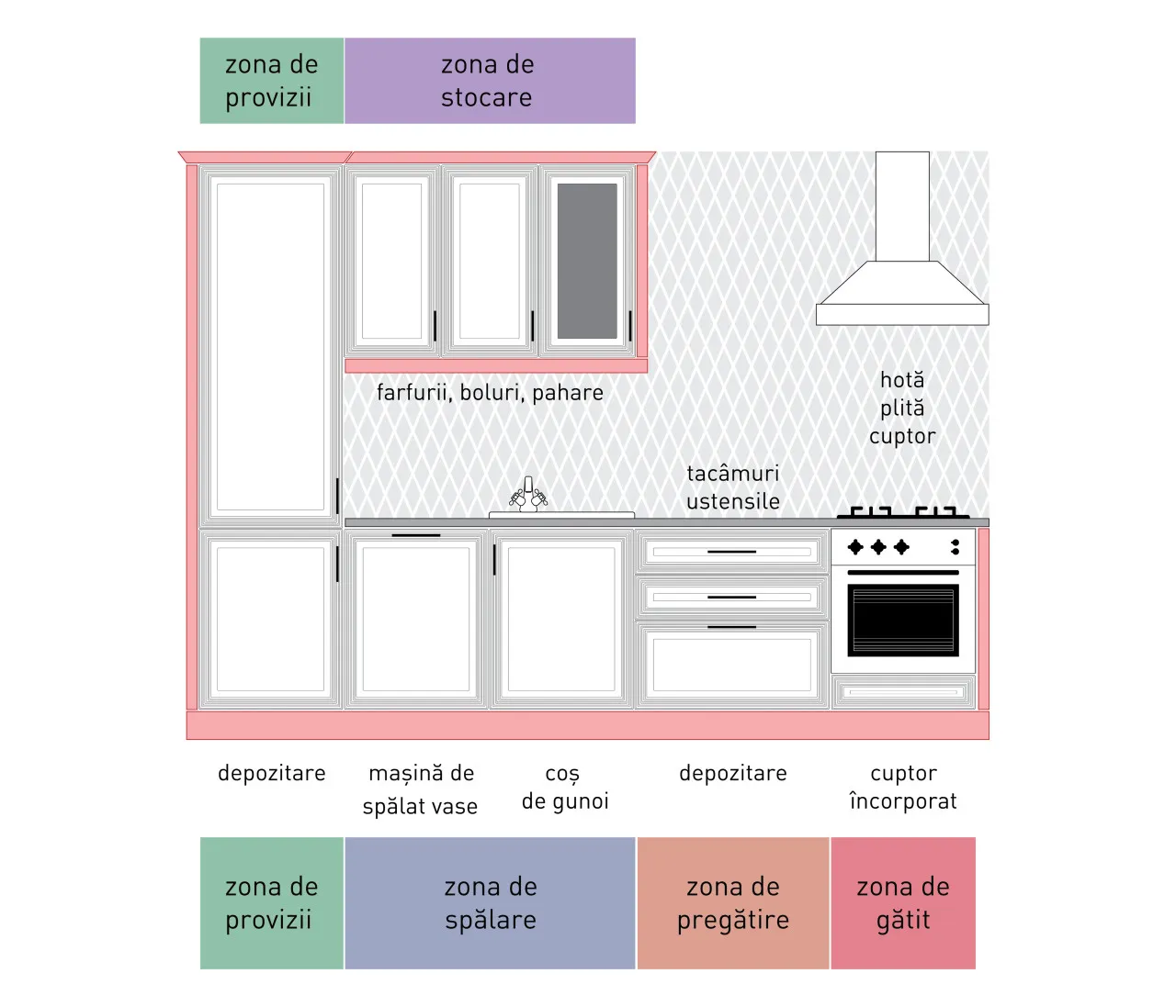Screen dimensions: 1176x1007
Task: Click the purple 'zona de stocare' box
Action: point(490,81)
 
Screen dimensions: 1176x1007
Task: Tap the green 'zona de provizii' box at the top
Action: point(272,81)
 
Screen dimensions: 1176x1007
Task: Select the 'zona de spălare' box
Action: point(490,903)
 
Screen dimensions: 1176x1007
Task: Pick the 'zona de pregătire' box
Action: point(733,903)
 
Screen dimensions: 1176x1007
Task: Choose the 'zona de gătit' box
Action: point(903,903)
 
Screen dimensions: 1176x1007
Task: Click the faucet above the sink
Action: point(528,494)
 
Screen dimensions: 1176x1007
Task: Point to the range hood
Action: point(902,239)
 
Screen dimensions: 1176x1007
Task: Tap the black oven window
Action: point(903,621)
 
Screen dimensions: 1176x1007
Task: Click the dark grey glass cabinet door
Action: point(587,261)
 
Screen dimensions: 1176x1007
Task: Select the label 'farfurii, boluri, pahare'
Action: point(490,393)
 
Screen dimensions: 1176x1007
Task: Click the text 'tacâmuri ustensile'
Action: point(733,487)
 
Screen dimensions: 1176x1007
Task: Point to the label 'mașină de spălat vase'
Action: point(421,789)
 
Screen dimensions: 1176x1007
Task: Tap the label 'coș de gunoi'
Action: point(565,788)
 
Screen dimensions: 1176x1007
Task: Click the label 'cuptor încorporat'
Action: point(903,788)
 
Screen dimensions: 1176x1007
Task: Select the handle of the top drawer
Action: point(731,552)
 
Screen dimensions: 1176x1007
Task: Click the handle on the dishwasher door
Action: point(416,535)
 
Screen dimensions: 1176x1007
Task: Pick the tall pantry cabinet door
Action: point(271,347)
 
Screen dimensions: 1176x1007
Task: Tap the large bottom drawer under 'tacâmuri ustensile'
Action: point(732,666)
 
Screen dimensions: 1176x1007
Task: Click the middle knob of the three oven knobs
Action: point(878,547)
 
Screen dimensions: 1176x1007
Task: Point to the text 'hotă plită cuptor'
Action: point(902,408)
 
